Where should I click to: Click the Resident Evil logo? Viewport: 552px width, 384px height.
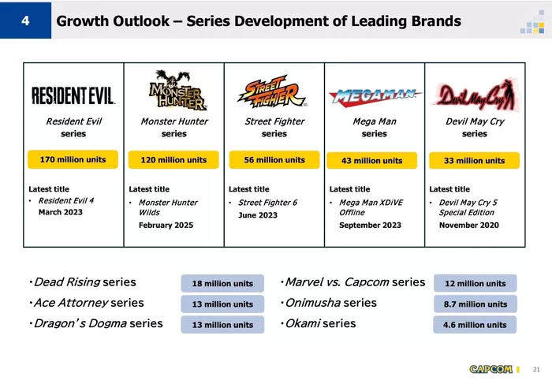73,95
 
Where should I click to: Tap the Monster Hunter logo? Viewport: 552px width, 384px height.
177,90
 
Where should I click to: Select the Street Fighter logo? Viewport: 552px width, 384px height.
273,91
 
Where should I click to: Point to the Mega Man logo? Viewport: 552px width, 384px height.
375,95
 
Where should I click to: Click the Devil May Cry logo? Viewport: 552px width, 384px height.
476,95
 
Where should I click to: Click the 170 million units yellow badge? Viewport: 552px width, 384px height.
73,159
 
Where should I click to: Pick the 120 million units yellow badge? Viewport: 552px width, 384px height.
173,160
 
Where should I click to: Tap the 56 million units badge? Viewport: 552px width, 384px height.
274,160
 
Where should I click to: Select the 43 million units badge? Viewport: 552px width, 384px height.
371,161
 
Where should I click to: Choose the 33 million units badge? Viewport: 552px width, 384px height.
474,161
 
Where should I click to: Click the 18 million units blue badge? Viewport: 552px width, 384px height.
222,283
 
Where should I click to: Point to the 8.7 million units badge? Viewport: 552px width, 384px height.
476,304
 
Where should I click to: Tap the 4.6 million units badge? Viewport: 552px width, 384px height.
475,325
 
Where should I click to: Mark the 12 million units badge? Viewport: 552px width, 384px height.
476,283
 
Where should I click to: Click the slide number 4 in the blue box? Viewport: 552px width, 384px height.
25,21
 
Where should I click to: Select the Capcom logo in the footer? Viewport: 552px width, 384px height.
490,369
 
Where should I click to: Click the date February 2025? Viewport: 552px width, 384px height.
166,226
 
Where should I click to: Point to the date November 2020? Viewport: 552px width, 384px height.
469,226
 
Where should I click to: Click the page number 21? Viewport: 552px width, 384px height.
536,369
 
